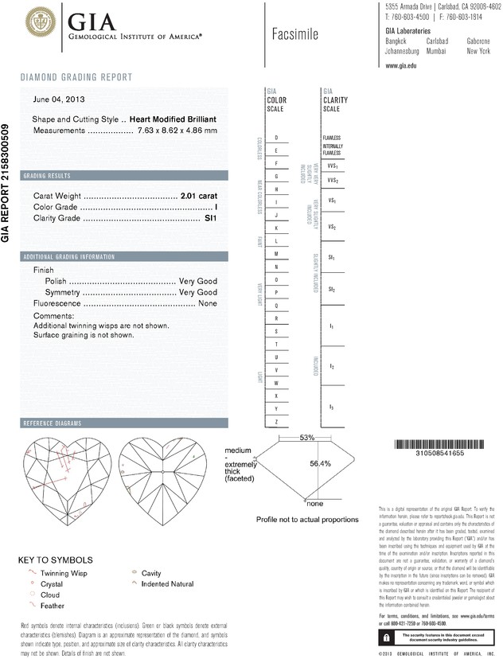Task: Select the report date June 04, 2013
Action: [60, 100]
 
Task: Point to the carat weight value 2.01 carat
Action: [199, 195]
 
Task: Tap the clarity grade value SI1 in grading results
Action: [211, 217]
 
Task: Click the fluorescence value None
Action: [208, 303]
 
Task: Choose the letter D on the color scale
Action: [275, 138]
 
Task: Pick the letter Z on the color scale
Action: [275, 420]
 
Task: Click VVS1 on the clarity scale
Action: [333, 166]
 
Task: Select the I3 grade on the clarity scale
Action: [331, 407]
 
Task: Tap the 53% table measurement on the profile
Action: [307, 439]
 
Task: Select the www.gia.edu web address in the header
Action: [401, 66]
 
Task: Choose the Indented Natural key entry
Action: [167, 584]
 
